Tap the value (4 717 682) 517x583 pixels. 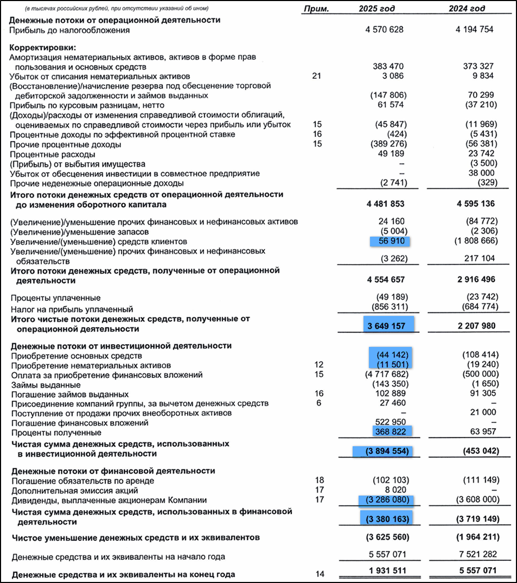tap(385, 375)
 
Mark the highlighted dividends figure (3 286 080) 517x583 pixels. tap(385, 499)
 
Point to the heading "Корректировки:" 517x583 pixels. tap(42, 48)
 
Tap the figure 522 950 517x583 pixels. tap(391, 423)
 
